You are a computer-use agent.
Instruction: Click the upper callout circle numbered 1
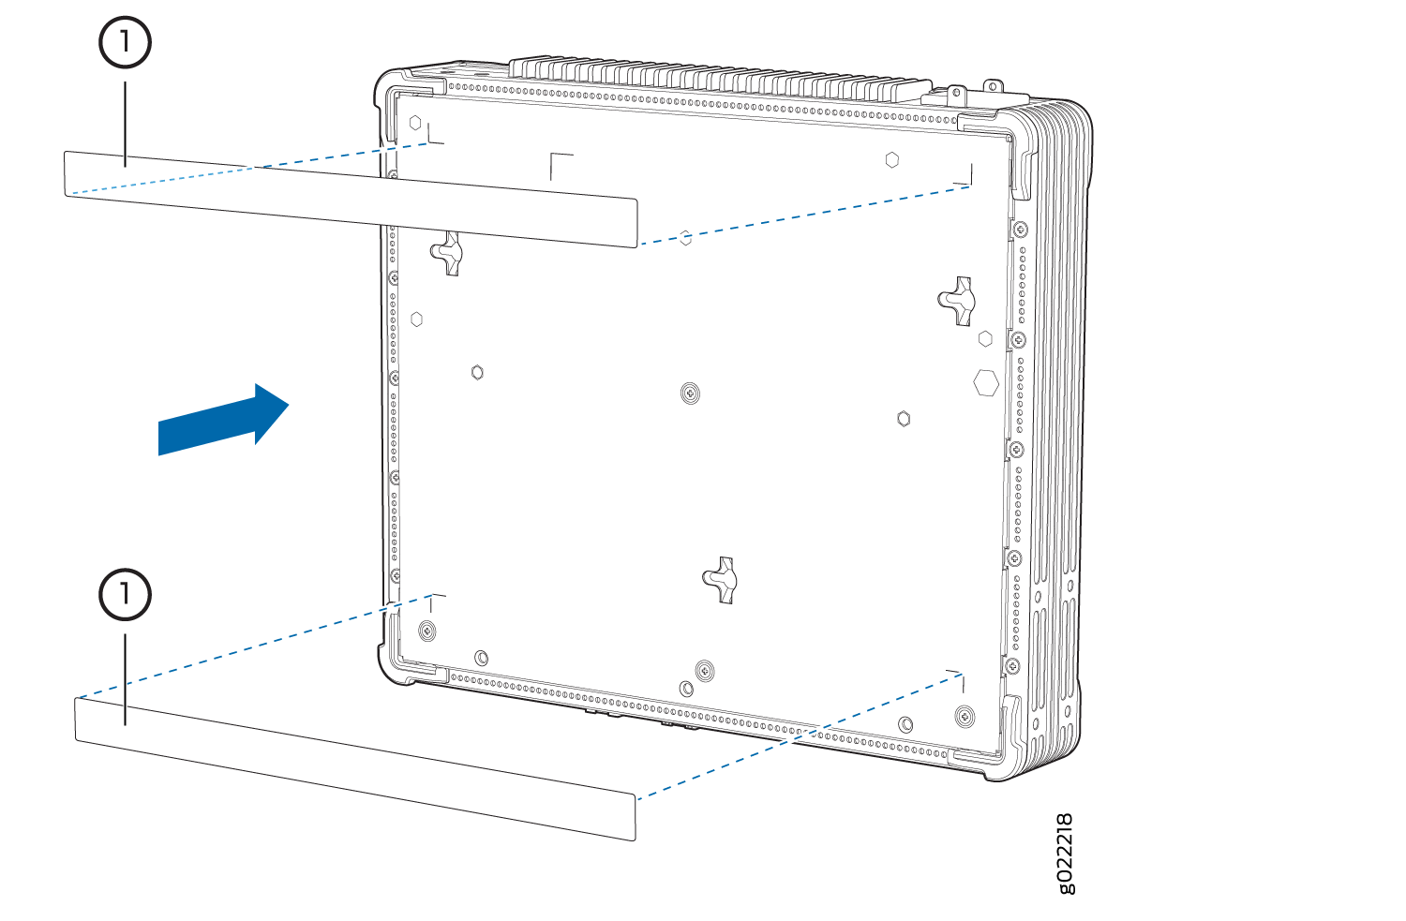click(125, 42)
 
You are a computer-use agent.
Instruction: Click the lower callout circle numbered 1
click(125, 594)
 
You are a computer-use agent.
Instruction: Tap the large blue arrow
click(223, 419)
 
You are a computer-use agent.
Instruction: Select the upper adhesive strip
click(351, 199)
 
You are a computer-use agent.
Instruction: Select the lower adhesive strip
click(355, 768)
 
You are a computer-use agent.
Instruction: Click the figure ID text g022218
click(1065, 854)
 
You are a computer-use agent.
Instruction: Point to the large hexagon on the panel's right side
click(985, 382)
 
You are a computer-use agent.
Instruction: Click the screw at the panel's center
click(691, 394)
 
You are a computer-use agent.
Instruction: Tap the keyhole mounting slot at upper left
click(447, 253)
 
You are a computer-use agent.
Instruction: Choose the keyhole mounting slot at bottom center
click(721, 580)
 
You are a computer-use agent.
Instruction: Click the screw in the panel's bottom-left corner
click(426, 630)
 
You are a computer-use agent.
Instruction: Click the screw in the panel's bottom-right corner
click(965, 716)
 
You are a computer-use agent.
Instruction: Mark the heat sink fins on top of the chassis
click(720, 82)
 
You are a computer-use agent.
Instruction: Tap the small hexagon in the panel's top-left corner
click(415, 123)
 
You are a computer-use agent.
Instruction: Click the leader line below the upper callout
click(125, 125)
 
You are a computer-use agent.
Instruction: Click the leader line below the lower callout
click(125, 679)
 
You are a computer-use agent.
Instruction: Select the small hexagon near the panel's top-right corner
click(892, 160)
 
